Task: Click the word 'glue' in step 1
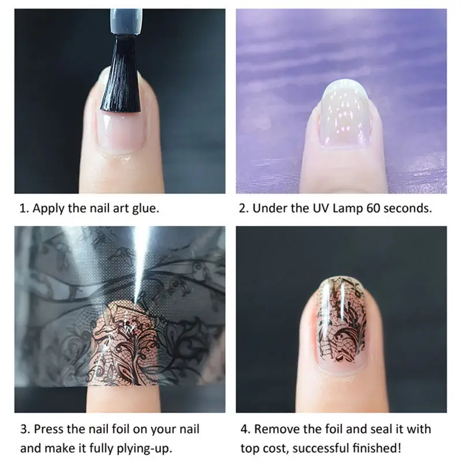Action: pyautogui.click(x=145, y=208)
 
